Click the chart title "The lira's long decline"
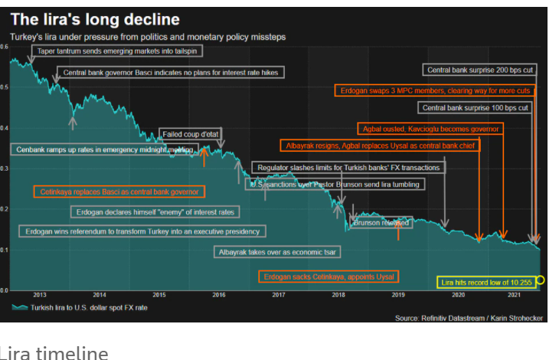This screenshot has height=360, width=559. click(x=95, y=19)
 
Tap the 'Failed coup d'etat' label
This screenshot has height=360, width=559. click(x=191, y=135)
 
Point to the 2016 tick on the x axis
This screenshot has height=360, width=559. click(x=218, y=295)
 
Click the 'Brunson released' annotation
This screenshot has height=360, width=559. click(x=381, y=223)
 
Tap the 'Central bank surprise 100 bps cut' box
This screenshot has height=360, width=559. click(x=476, y=108)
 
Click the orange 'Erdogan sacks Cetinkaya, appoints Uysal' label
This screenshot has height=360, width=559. click(x=329, y=276)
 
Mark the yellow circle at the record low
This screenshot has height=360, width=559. click(x=541, y=280)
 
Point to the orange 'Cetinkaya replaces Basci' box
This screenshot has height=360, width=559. click(x=119, y=191)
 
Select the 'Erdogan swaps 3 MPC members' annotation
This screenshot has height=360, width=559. click(x=434, y=90)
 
